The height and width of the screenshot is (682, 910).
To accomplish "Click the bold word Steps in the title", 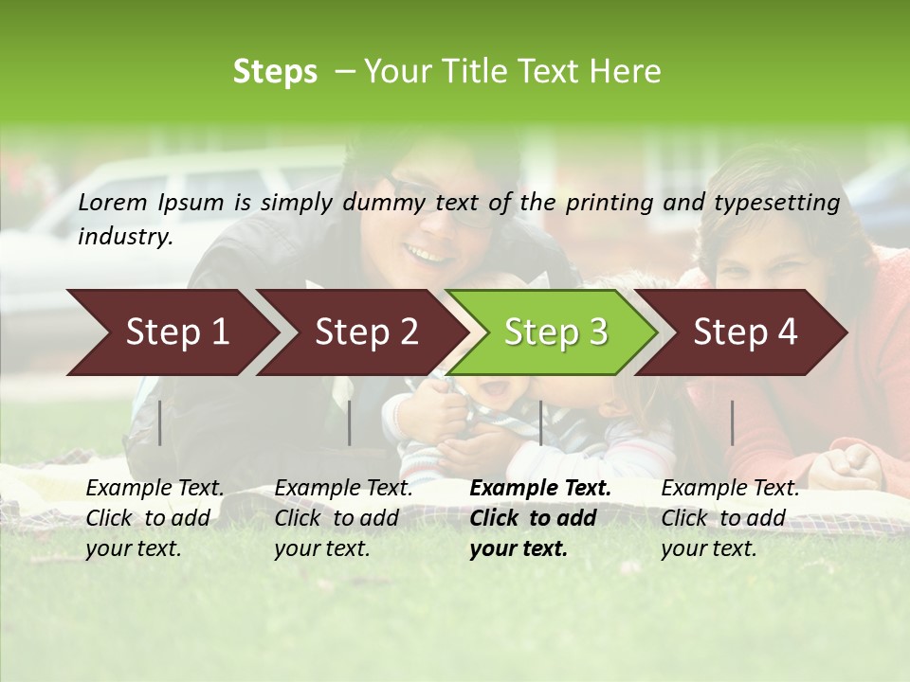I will (275, 72).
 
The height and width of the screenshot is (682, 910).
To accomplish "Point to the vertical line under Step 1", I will (160, 422).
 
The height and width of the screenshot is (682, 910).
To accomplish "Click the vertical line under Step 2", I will (350, 422).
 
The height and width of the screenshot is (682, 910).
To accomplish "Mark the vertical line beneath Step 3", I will (540, 422).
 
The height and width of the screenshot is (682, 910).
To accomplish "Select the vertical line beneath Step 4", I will (732, 422).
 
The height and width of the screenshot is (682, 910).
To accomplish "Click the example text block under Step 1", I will (155, 518).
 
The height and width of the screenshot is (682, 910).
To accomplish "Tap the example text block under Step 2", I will (343, 518).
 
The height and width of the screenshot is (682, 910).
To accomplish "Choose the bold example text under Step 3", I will (539, 518).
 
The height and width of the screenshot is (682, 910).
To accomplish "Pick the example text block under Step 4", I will (730, 518).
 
